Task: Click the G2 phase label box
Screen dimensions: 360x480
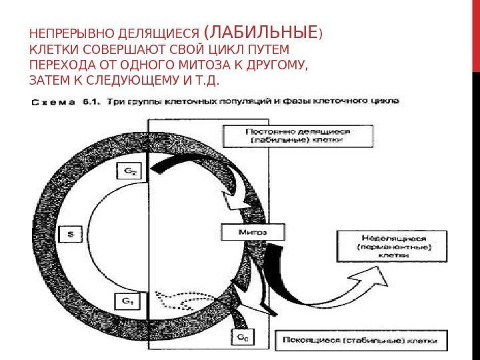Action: (x=131, y=172)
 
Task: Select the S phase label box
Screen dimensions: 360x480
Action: (x=71, y=234)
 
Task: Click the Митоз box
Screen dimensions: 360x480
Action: (x=252, y=232)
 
